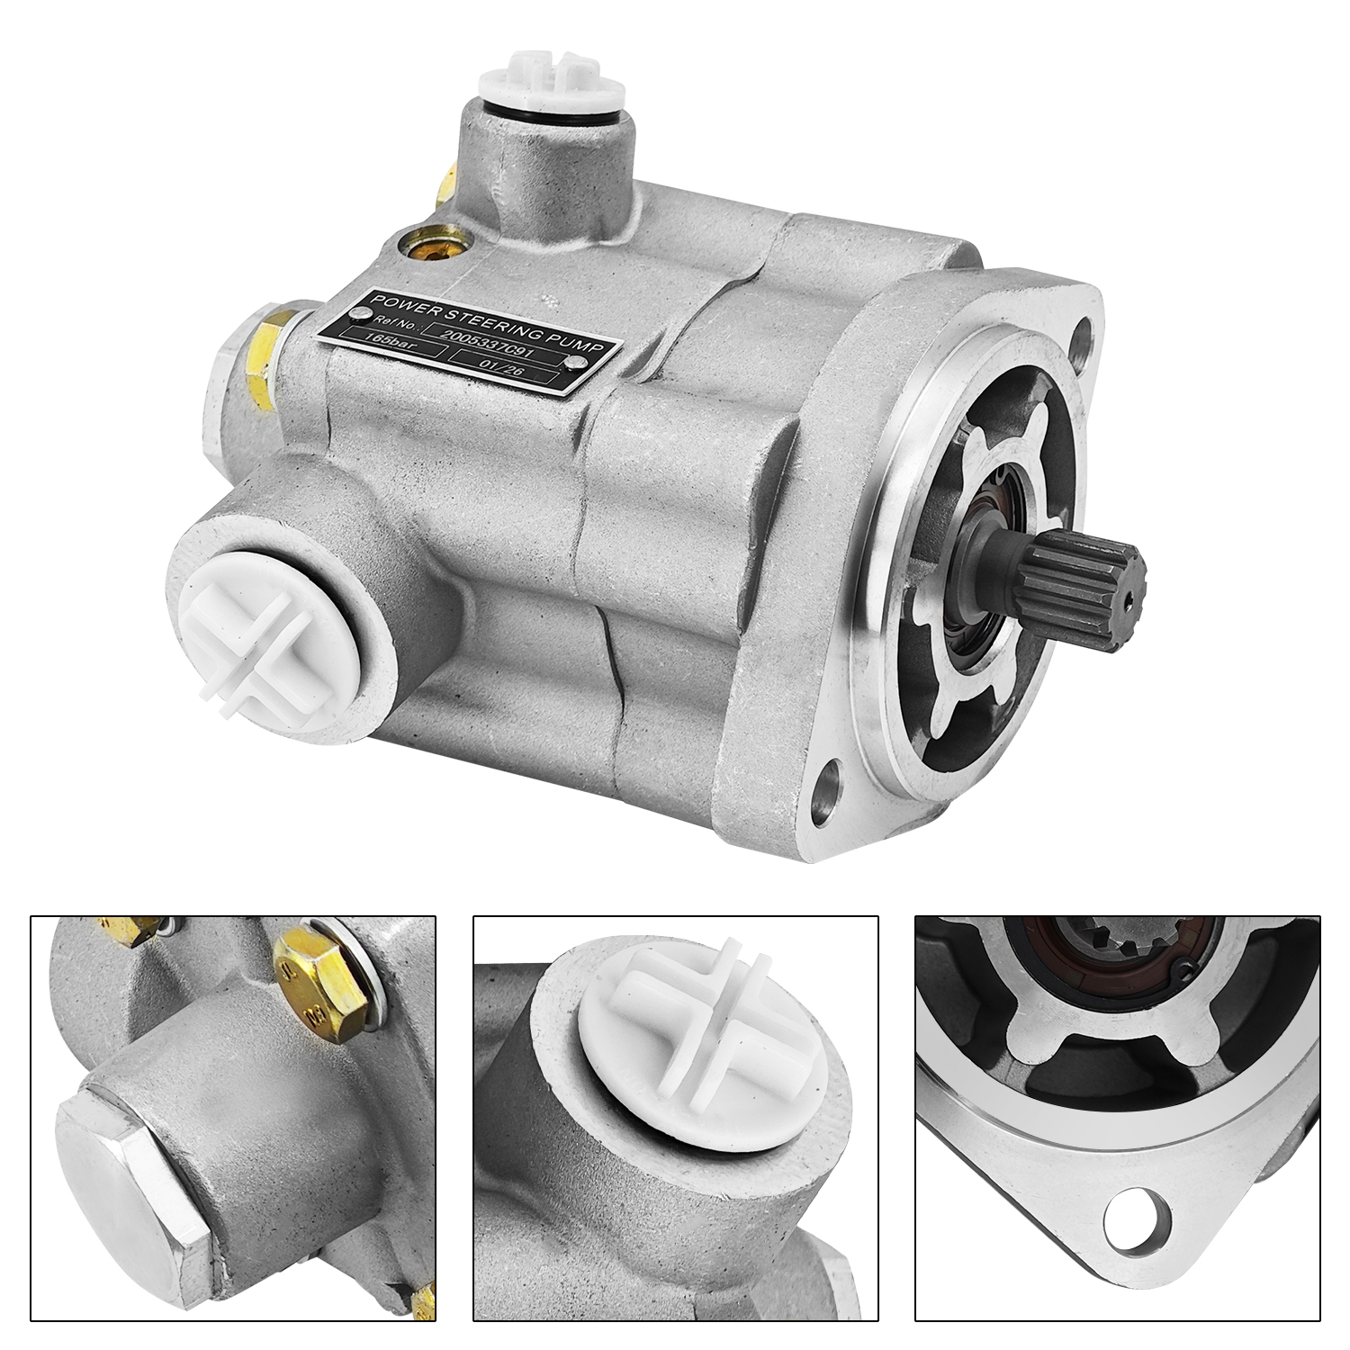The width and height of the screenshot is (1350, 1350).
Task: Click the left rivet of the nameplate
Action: tap(364, 314)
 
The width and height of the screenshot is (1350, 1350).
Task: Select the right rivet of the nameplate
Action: tap(575, 363)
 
